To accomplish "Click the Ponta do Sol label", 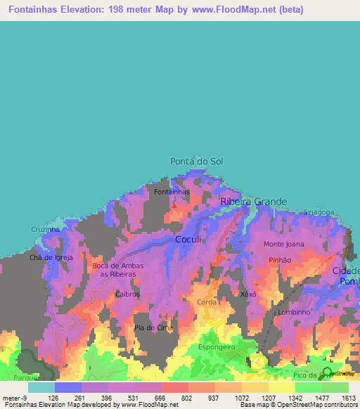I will pos(196,162).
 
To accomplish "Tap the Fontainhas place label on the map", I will pos(172,191).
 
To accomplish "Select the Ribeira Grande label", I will pos(254,202).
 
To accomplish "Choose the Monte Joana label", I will pos(283,244).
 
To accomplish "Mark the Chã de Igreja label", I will pos(51,257).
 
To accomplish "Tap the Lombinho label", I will pos(294,312).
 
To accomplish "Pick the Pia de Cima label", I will pos(153,327).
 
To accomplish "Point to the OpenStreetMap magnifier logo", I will pos(327,372).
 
